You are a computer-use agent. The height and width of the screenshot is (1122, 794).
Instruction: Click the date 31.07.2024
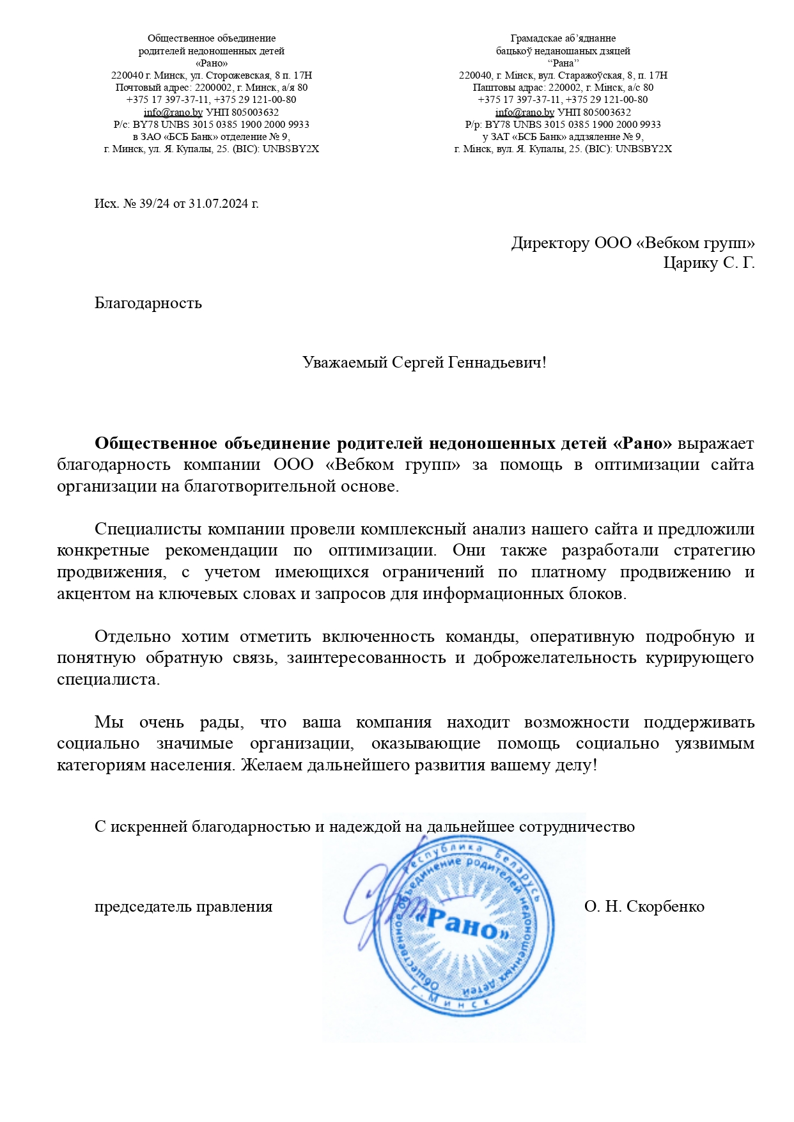tap(219, 204)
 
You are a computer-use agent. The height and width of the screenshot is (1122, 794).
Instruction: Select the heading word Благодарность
tap(148, 303)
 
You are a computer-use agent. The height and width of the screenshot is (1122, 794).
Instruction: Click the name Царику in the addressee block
tap(690, 263)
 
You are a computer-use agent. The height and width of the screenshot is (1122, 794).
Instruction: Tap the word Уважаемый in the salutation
tap(345, 363)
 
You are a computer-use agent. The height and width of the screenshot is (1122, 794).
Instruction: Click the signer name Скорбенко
tap(666, 907)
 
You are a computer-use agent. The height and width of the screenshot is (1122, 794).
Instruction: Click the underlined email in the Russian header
tap(173, 113)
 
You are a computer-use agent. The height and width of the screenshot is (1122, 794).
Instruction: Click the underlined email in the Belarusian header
tap(525, 113)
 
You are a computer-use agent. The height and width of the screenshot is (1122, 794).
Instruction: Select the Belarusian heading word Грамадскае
tap(536, 38)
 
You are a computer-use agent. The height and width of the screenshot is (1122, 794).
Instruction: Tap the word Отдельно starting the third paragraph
tap(132, 637)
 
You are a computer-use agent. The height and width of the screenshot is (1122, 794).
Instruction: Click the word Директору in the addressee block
tap(550, 244)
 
